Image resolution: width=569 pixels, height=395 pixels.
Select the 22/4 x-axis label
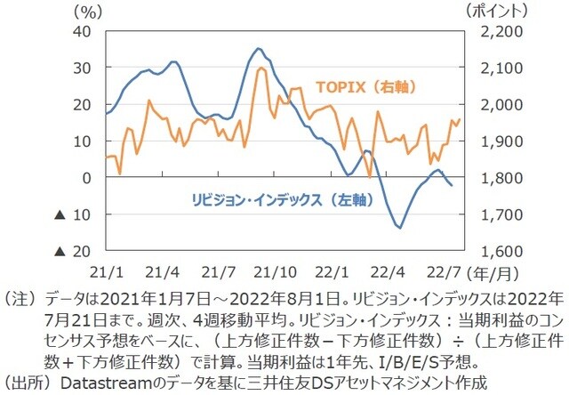point(385,270)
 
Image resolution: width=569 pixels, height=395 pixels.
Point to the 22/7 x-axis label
point(441,270)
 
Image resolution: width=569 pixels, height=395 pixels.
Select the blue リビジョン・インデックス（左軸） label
point(270,200)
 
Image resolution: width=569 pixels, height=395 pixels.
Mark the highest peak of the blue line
point(258,48)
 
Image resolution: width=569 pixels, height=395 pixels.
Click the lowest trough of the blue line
point(399,228)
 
